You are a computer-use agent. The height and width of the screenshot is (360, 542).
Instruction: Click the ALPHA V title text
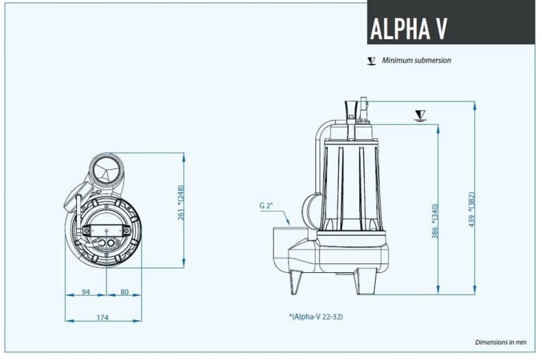tap(408, 29)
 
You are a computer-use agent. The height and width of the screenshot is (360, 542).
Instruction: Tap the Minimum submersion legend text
tap(416, 60)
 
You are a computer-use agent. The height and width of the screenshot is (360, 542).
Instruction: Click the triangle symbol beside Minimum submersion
tap(371, 61)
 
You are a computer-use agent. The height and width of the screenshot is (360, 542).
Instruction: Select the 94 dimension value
tap(86, 292)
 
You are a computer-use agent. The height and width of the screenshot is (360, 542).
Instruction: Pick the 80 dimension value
tap(124, 292)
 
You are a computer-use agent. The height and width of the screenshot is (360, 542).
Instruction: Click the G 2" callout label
tap(266, 206)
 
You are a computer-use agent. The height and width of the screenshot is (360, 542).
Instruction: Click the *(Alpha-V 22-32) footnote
tap(320, 316)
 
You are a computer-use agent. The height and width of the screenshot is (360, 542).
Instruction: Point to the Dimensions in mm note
tap(501, 342)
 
